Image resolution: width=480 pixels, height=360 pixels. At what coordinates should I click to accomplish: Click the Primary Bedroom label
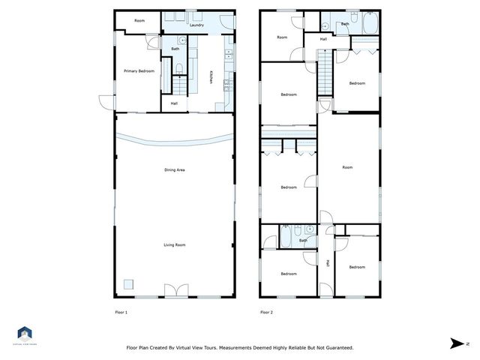point(139,71)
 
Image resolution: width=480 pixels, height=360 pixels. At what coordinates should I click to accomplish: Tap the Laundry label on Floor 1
point(197,25)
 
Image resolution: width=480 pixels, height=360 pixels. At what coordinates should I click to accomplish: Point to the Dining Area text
point(175,170)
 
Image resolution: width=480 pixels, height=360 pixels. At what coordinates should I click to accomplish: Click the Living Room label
point(175,244)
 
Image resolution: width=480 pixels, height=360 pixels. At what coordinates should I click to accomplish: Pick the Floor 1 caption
point(121,312)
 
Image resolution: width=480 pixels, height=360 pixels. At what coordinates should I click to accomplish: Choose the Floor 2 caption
point(267,312)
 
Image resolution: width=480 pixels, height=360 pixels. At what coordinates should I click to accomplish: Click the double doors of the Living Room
point(174,291)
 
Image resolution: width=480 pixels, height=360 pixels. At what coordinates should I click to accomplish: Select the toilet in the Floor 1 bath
point(179,70)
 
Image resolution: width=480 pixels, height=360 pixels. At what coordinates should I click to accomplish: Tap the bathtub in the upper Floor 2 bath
point(368,24)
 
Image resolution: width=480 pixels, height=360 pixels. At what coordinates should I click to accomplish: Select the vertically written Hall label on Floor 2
point(327,262)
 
